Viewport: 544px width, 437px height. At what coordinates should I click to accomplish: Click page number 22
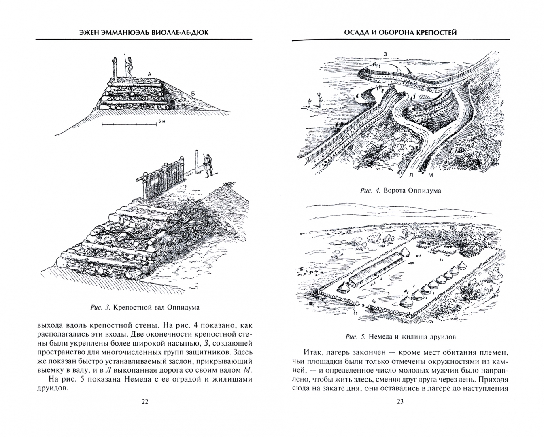[x=145, y=401]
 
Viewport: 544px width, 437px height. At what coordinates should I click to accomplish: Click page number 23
[x=400, y=401]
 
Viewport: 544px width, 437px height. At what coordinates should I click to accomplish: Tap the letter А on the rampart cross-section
[x=149, y=74]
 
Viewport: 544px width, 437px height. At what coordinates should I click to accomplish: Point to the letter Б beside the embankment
[x=193, y=94]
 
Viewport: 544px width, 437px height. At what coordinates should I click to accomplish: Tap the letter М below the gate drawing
[x=431, y=175]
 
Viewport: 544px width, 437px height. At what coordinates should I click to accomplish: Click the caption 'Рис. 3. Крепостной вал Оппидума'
[x=145, y=308]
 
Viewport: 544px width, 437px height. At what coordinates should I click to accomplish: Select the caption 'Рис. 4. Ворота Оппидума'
[x=400, y=191]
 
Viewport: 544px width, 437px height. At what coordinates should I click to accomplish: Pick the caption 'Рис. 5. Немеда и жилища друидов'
[x=400, y=336]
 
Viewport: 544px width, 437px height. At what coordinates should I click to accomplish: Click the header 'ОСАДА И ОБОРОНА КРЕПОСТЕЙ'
[x=400, y=32]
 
